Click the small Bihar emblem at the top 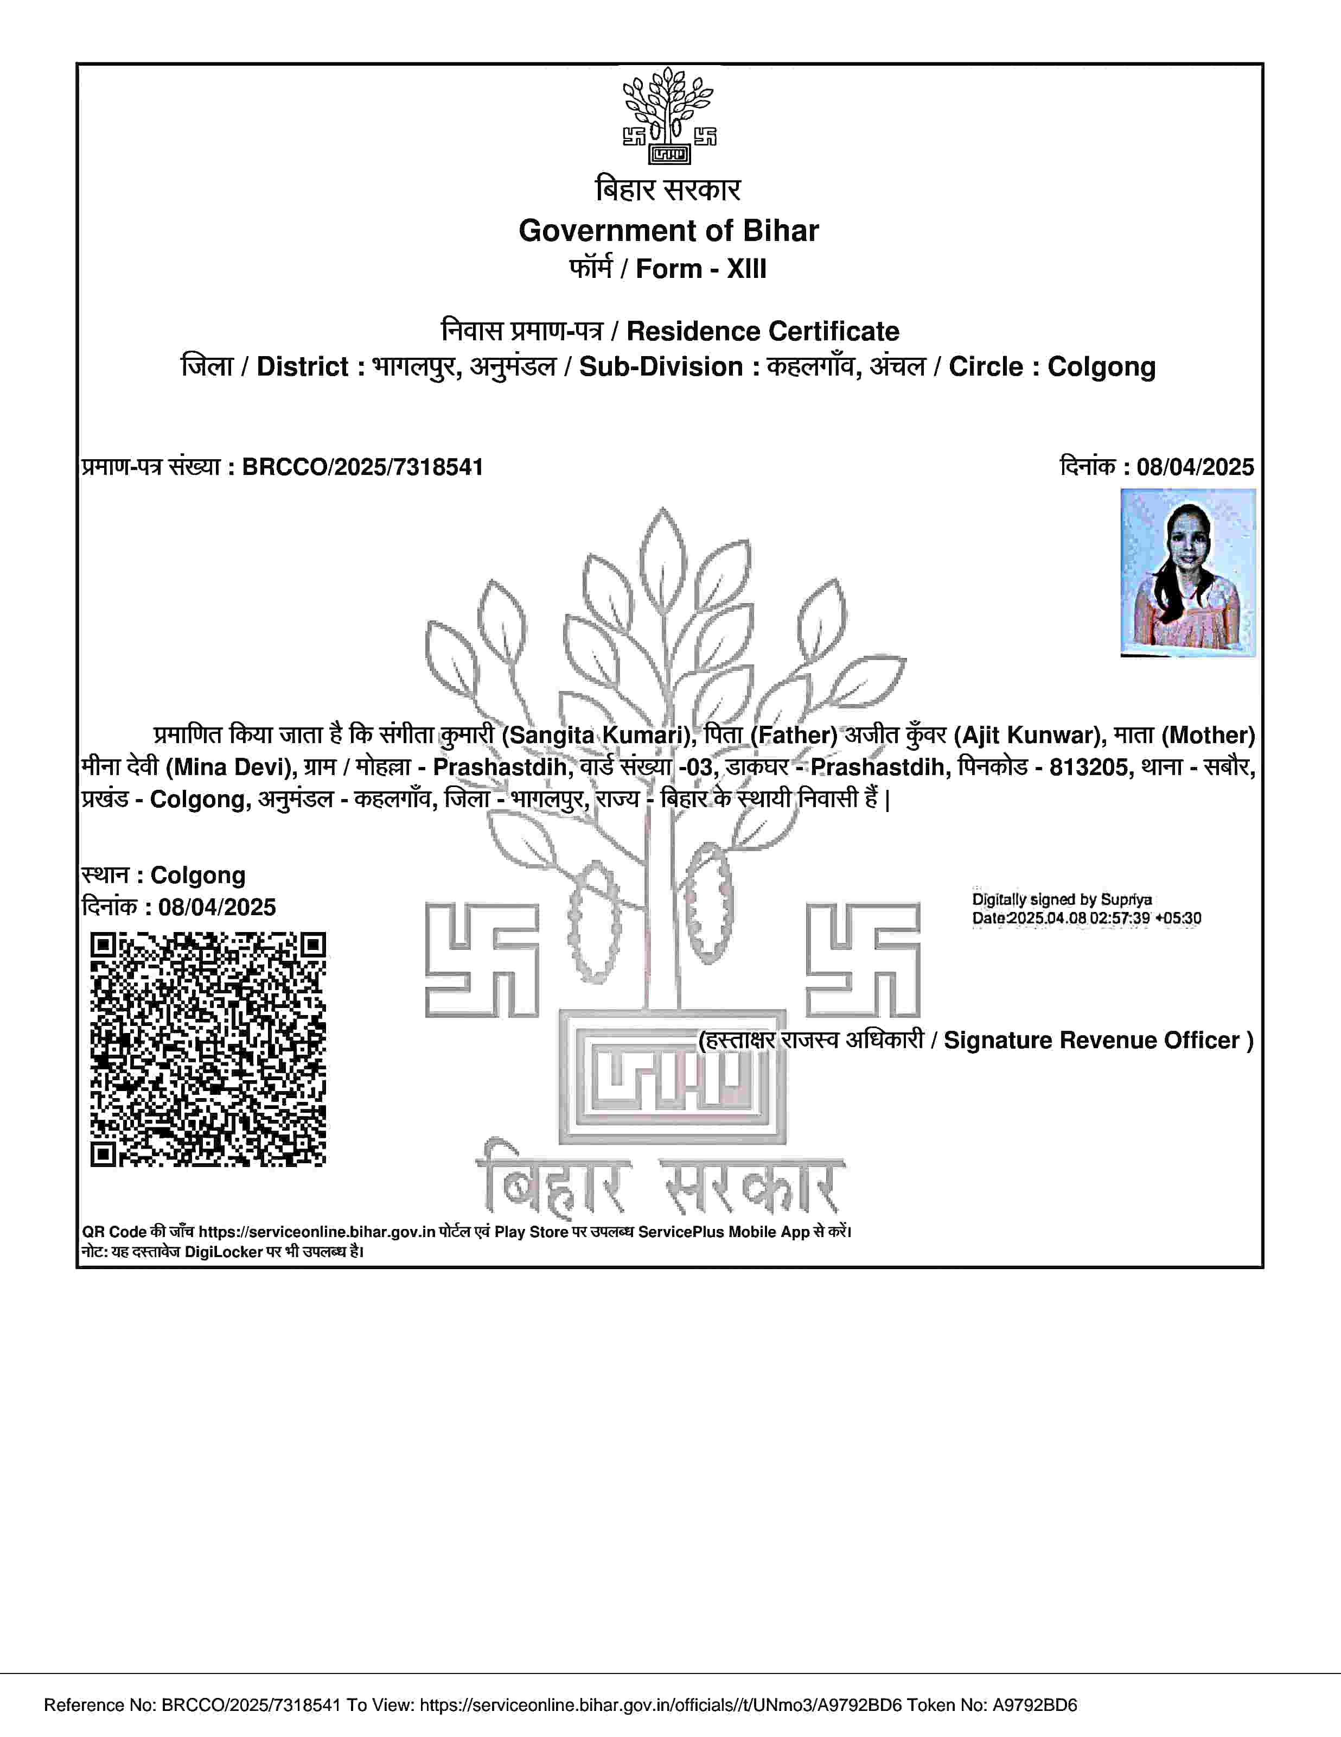[668, 116]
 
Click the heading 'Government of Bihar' [668, 231]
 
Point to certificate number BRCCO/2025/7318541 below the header [362, 467]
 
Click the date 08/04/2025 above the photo [1195, 467]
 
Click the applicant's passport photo [1187, 573]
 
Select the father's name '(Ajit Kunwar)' [1030, 735]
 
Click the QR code [208, 1049]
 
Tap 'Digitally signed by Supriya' [1062, 899]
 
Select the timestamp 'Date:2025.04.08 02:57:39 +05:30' [1087, 918]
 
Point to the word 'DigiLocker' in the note [224, 1252]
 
